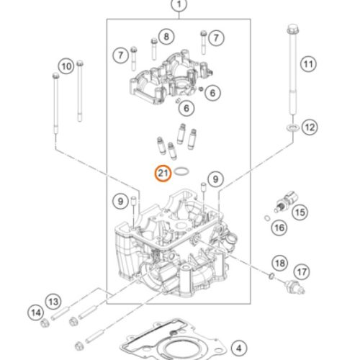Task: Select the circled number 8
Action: click(166, 36)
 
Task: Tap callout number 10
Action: click(66, 66)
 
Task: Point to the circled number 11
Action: click(308, 65)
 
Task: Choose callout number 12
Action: click(310, 127)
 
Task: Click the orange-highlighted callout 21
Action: click(163, 173)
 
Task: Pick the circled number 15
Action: click(298, 212)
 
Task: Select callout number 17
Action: click(301, 271)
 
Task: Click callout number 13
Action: click(52, 300)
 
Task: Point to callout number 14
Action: click(35, 312)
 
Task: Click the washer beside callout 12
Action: click(292, 128)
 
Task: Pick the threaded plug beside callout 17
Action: click(292, 287)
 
